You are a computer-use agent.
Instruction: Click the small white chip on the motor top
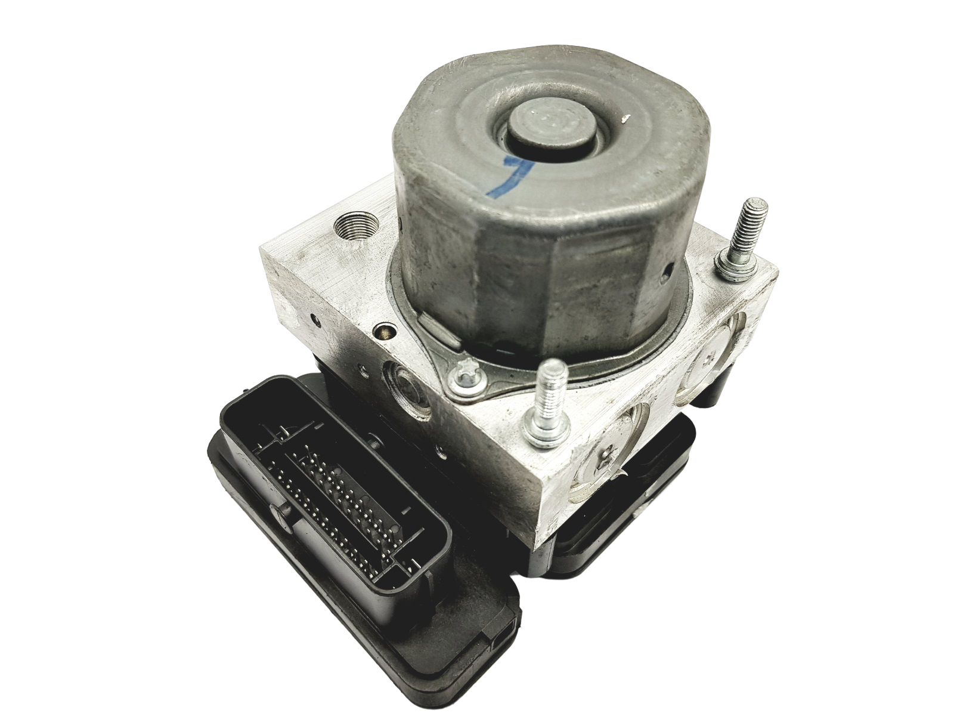625,121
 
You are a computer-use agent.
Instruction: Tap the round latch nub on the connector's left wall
276,514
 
